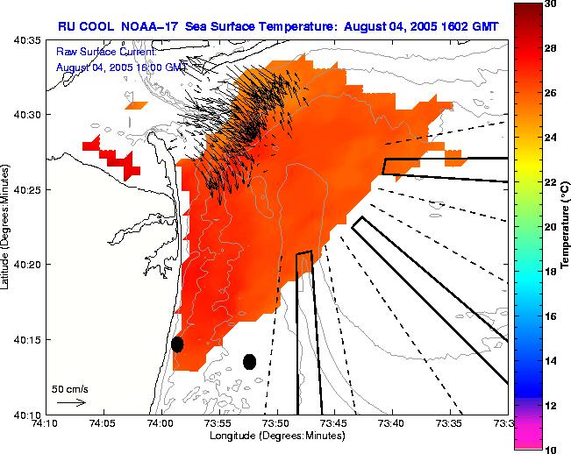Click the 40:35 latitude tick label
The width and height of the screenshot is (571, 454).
[29, 41]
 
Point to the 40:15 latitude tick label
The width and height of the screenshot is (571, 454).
[29, 339]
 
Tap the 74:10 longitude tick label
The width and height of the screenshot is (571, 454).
[45, 422]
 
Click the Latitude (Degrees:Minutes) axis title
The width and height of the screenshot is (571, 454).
[6, 228]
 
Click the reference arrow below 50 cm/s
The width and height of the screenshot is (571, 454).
[72, 402]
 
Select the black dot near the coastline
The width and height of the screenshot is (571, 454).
[177, 344]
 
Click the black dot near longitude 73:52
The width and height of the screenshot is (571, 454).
[249, 361]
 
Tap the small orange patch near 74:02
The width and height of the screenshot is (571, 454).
[136, 105]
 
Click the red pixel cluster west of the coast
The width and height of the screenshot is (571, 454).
[114, 158]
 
